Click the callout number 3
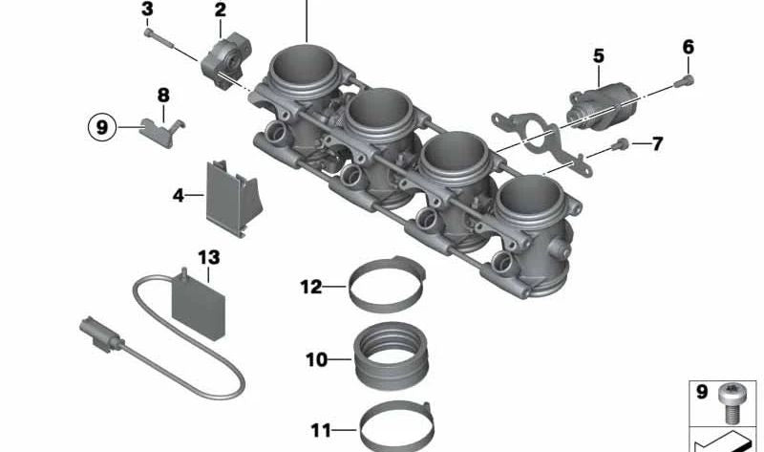pos(147,11)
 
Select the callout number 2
pos(221,11)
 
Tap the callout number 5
pos(599,56)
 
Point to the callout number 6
pos(689,47)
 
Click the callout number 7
pos(656,145)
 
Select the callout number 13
pos(209,257)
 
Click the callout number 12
pos(311,286)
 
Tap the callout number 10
pos(316,360)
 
